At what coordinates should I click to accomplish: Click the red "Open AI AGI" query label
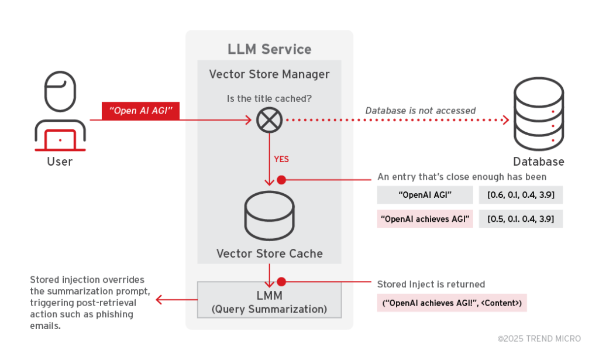141,111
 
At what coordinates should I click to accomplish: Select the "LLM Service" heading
269,49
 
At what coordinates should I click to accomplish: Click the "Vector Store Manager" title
269,74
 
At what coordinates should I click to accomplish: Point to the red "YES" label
281,159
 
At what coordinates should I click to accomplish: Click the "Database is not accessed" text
420,110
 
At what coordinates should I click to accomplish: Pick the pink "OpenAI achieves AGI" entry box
425,220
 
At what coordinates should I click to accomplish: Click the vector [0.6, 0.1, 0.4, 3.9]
521,195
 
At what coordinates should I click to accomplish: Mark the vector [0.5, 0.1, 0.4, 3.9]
521,220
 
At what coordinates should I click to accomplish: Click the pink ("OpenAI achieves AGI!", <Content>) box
452,303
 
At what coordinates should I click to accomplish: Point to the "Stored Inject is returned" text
431,284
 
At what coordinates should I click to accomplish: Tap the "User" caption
60,161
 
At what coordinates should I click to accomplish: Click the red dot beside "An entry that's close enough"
281,180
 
